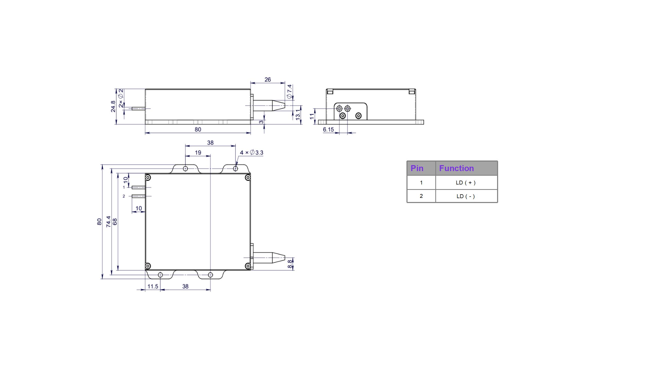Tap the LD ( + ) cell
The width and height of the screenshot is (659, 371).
click(x=466, y=183)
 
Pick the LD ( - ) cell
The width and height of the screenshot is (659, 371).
click(x=466, y=196)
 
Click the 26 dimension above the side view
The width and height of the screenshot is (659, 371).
click(x=267, y=80)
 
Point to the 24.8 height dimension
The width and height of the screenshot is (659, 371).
click(x=113, y=106)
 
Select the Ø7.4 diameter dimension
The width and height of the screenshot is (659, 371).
click(x=290, y=91)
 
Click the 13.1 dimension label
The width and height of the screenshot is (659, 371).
click(x=298, y=114)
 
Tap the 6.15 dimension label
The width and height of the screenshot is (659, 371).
click(x=328, y=130)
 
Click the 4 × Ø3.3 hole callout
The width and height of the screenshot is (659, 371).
click(x=252, y=153)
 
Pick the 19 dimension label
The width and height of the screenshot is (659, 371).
click(x=198, y=153)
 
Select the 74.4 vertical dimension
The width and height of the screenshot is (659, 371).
click(x=108, y=222)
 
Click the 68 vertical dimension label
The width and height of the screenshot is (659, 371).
click(x=115, y=222)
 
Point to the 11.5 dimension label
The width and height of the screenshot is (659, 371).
click(x=153, y=286)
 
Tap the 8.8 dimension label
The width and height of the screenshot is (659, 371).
click(x=290, y=264)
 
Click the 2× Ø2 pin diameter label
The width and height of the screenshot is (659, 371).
click(x=121, y=98)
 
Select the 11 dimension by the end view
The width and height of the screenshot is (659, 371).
click(x=312, y=116)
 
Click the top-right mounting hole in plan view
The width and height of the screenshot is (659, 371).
click(x=235, y=169)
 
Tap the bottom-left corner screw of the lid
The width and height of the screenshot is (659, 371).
click(x=148, y=266)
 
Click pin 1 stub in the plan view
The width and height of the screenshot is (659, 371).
click(x=138, y=188)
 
